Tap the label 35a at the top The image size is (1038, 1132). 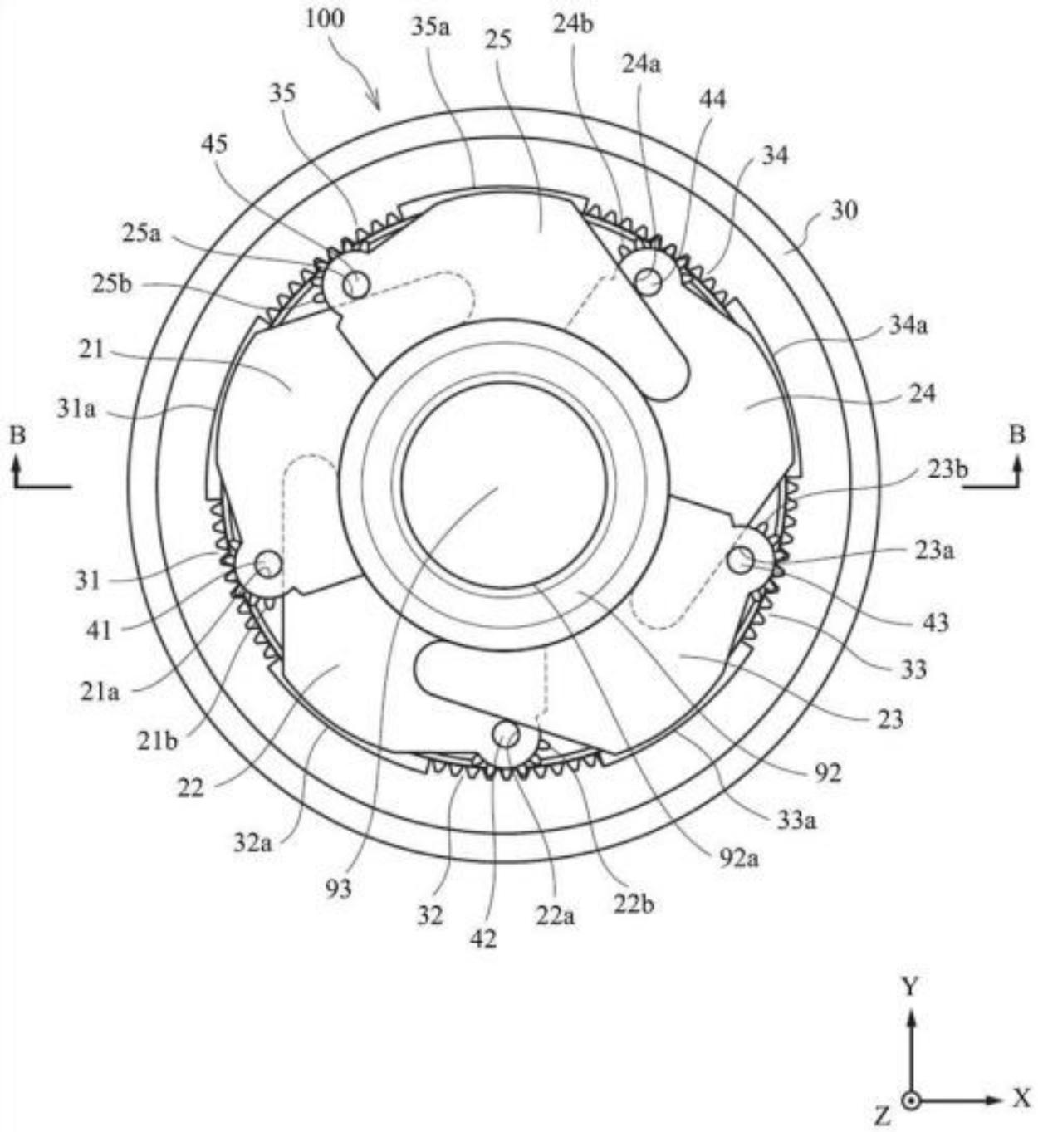431,27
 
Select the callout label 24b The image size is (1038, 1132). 572,24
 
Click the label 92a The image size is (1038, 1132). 739,858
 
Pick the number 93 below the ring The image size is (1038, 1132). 338,889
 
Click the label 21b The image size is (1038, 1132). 157,741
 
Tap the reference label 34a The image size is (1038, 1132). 908,326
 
